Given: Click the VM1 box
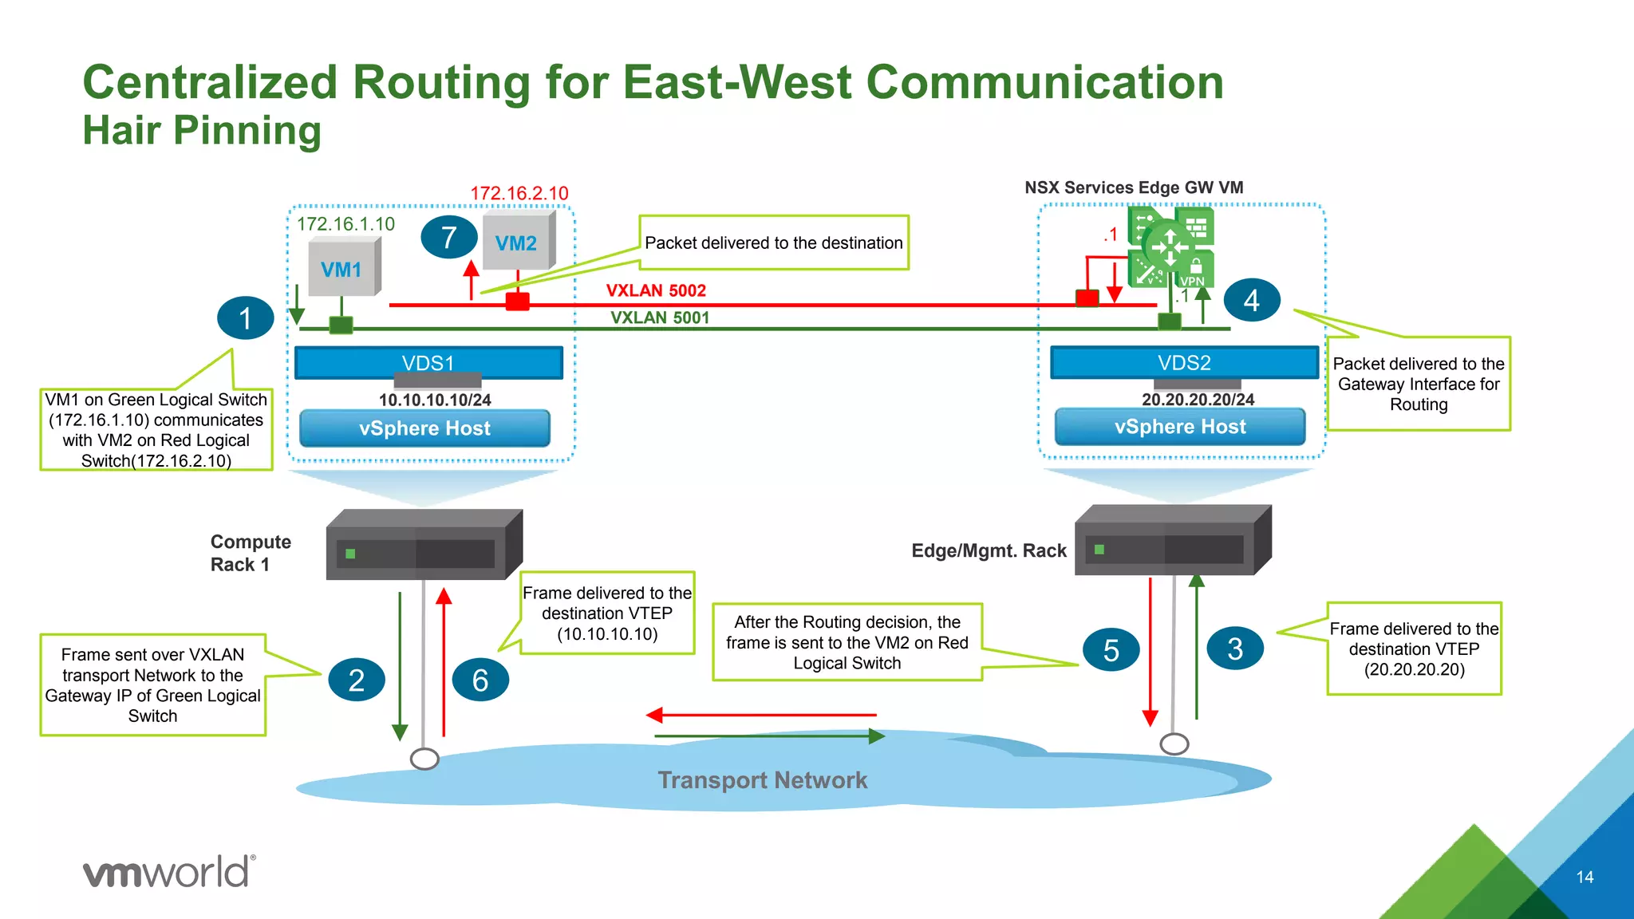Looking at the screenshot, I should (342, 269).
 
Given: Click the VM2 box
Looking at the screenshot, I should (517, 242).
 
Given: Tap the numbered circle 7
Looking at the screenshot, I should (449, 237).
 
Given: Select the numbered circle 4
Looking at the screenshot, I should (1251, 301).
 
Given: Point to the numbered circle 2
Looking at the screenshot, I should (356, 680).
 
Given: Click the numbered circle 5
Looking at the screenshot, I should (1111, 649).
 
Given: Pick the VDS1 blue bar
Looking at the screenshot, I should (428, 363).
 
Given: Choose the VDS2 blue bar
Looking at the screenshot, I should (1184, 363).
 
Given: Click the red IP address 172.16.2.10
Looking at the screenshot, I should (519, 193).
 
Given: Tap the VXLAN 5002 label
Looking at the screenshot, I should (656, 290).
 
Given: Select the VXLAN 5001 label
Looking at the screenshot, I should (660, 318).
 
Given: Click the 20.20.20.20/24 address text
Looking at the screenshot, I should (1198, 400).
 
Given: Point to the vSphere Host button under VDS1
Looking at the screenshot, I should (424, 428).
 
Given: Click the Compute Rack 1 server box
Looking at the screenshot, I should (424, 546).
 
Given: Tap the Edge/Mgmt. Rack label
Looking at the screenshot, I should (989, 550).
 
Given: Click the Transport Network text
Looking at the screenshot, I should (762, 779).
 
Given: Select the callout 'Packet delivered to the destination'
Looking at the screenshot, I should (773, 243).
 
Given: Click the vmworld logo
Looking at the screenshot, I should (169, 871).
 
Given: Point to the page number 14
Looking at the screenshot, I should (1585, 877).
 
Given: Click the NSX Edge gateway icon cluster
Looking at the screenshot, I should (1170, 247).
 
